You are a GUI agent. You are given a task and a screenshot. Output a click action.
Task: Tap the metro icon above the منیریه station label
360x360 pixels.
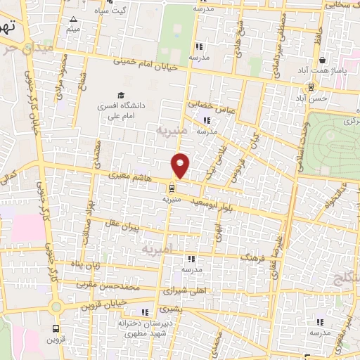point(172,188)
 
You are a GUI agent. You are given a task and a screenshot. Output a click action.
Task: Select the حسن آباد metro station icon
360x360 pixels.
point(309,87)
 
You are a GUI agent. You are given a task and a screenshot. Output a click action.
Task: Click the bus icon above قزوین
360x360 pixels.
point(55,328)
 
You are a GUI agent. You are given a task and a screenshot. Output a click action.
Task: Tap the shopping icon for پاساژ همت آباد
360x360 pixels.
point(321,61)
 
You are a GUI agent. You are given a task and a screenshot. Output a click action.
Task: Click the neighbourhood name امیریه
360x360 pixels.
point(156,250)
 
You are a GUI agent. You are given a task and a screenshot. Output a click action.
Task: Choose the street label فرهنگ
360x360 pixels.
point(256,259)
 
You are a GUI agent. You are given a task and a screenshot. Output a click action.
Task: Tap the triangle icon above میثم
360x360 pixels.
point(75,19)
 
